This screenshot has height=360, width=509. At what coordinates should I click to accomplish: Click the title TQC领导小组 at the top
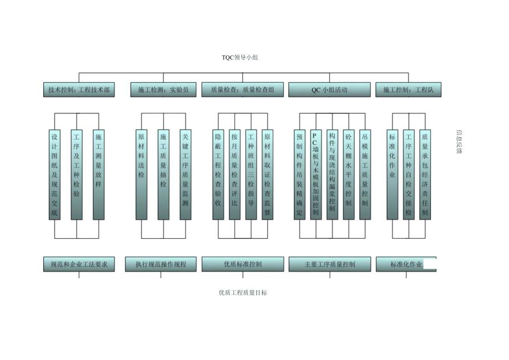click(240, 58)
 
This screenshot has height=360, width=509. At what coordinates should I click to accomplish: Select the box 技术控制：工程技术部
click(79, 90)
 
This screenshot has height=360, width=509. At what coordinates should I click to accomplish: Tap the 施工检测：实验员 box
click(163, 90)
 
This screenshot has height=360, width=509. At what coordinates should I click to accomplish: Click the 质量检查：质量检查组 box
click(242, 90)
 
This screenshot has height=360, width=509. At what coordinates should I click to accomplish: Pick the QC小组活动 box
click(329, 90)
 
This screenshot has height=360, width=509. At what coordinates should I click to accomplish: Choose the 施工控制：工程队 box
click(408, 90)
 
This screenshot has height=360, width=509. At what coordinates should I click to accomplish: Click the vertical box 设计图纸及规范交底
click(54, 174)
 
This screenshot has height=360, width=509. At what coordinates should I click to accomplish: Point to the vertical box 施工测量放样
click(98, 174)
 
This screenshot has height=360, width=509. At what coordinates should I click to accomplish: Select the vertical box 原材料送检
click(142, 174)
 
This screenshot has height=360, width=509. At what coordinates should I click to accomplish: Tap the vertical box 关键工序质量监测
click(185, 174)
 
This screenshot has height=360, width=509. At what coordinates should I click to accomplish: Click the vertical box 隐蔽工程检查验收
click(218, 174)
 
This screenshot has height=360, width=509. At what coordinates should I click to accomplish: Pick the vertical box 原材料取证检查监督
click(267, 174)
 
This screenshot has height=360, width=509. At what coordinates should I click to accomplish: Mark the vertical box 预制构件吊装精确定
click(299, 174)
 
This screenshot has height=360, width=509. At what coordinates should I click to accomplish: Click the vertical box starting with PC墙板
click(315, 174)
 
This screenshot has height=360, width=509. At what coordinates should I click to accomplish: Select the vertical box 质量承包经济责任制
click(425, 174)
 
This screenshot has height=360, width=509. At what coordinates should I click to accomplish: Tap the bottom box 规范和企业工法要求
click(79, 264)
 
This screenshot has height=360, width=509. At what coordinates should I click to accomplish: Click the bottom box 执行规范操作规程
click(161, 264)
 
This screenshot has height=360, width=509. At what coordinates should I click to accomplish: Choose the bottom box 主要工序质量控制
click(329, 264)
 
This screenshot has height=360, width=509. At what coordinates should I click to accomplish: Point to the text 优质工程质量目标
click(243, 293)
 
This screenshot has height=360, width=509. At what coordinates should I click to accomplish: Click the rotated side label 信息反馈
click(459, 142)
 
